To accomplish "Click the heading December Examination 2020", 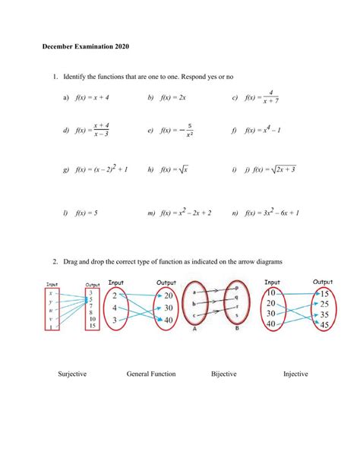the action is coord(86,48).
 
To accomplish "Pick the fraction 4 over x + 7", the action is coord(270,97).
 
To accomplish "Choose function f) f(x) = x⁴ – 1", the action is coord(263,131).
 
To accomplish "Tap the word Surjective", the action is coord(72,374).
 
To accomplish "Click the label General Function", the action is coord(151,374).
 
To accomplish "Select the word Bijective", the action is coord(224,374).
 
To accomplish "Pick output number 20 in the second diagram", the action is coord(169,295).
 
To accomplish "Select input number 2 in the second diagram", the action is coord(113,295).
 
